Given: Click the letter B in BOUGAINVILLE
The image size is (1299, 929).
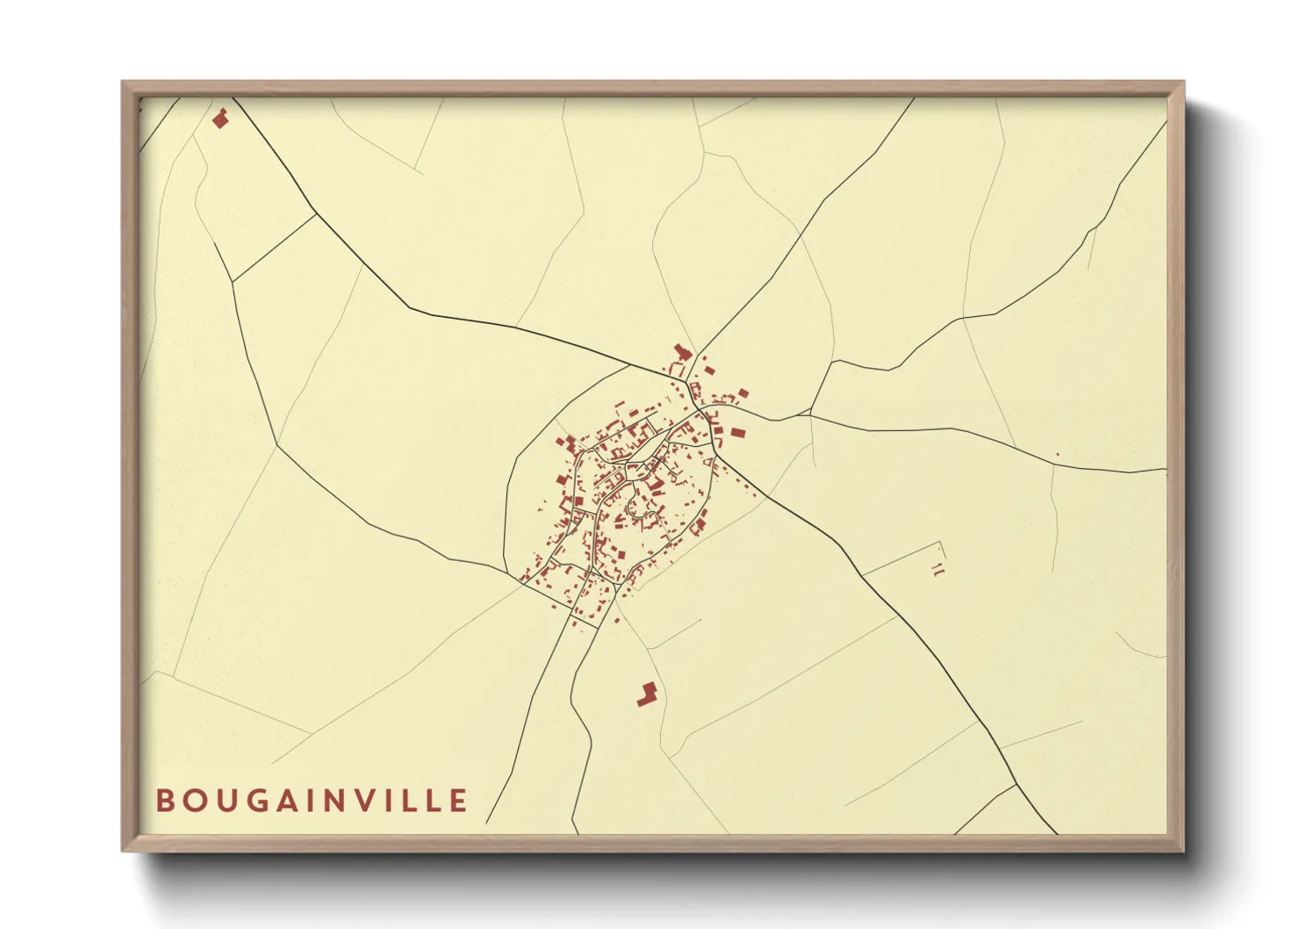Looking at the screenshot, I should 164,801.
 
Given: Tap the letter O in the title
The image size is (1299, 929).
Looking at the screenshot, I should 192,801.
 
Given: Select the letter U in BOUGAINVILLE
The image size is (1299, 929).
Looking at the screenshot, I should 223,801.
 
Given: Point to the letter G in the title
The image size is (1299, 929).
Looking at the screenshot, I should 255,801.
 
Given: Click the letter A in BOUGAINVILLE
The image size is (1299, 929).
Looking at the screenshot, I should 285,801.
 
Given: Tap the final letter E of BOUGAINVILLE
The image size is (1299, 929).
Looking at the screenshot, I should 459,801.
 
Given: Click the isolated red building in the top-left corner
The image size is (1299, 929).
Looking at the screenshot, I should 220,119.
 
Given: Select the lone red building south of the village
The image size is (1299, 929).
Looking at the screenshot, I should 648,694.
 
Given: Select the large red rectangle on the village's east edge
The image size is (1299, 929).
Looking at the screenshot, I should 737,432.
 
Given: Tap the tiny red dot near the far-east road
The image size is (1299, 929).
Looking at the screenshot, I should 1057,454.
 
